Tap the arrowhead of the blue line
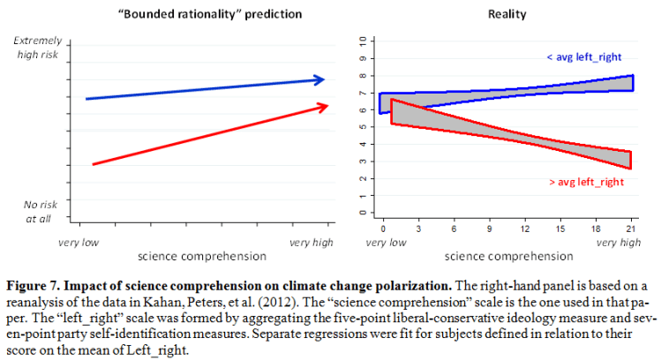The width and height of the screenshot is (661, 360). click(320, 80)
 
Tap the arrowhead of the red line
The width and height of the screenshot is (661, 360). click(324, 105)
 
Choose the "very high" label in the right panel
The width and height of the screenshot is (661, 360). click(619, 241)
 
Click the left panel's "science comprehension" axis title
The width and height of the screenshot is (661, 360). click(202, 257)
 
